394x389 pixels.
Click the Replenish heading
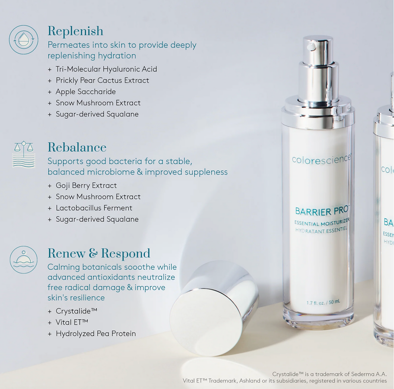75,31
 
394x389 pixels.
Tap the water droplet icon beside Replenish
24,40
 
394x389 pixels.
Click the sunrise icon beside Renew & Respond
24,260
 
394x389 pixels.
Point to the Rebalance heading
77,147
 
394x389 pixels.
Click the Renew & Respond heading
98,253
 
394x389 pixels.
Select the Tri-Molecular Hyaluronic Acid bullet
106,69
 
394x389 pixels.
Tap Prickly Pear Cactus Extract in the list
102,81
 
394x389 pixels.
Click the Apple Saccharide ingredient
86,92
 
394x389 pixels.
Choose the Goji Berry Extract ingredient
86,186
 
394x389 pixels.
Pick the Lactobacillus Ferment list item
94,208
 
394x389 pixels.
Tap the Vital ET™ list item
72,323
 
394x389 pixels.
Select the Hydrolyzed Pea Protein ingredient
96,334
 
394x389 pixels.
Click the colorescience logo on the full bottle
321,159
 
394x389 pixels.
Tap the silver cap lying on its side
214,308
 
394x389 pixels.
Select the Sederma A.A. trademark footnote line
329,374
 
